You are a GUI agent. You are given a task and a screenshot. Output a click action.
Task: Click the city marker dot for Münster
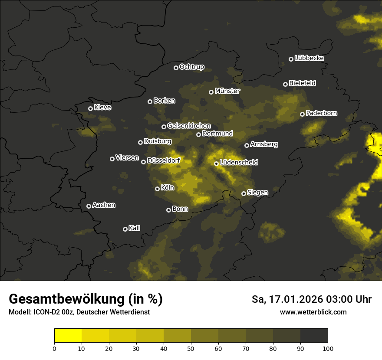[x=211, y=92]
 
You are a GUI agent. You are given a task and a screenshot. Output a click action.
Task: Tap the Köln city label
[x=168, y=188]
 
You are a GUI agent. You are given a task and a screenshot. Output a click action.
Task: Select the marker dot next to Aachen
[x=89, y=206]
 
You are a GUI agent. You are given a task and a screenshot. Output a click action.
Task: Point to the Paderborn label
[x=322, y=113]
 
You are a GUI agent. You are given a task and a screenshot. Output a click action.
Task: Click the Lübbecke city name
[x=310, y=58]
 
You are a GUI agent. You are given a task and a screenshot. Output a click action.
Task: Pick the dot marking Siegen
[x=244, y=193]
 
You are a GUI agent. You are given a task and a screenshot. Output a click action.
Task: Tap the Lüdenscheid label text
[x=239, y=163]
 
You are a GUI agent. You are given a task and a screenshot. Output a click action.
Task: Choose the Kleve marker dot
[x=91, y=108]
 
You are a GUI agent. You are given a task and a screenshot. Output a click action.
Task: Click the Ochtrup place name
[x=192, y=67]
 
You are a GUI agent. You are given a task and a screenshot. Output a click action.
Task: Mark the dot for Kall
[x=125, y=229]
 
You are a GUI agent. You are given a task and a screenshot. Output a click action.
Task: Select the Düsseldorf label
[x=164, y=160]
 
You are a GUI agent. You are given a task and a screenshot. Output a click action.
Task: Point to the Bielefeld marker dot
[x=286, y=84]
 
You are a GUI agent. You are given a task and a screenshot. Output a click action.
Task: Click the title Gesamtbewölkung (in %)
[x=86, y=299]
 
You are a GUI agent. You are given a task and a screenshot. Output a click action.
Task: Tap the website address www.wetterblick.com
[x=313, y=312]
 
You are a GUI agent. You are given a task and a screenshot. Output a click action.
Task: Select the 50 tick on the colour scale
[x=191, y=348]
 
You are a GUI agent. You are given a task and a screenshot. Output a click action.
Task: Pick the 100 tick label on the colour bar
[x=328, y=348]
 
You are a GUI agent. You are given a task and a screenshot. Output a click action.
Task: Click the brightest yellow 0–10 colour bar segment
[x=68, y=335]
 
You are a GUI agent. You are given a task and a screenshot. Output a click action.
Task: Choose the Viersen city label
[x=127, y=158]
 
